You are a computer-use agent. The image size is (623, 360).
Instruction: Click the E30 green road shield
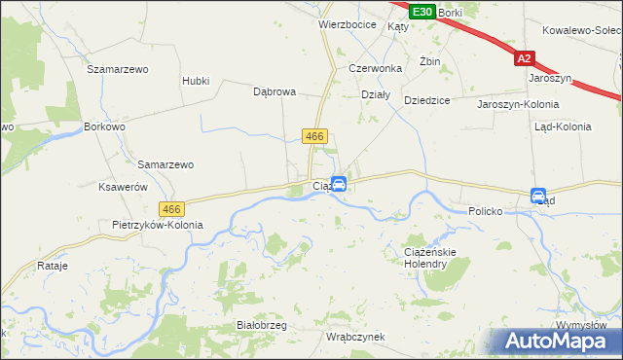421,12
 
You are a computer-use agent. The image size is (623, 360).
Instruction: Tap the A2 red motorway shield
526,58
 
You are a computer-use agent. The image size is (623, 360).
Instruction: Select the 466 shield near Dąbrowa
313,137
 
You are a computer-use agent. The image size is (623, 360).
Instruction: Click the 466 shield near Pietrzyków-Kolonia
172,209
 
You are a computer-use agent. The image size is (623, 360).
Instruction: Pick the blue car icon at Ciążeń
339,184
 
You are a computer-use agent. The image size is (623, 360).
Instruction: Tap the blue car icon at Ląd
538,197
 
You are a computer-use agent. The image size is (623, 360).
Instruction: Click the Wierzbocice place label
348,24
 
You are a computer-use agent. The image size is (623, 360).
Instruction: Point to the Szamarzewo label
117,69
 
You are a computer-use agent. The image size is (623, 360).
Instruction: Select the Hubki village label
196,81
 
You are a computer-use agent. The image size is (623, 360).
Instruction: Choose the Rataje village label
51,265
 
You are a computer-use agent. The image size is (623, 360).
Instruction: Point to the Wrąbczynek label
355,337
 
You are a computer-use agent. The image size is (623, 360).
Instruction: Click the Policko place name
484,210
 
